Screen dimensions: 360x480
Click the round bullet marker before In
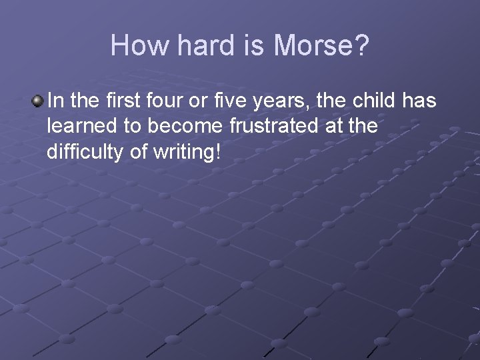37,101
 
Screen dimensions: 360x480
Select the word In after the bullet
57,101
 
